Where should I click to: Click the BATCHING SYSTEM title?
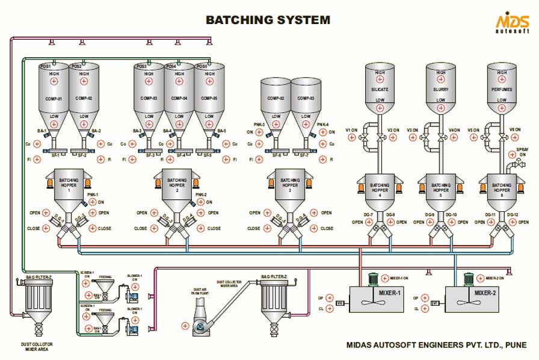pyautogui.click(x=268, y=20)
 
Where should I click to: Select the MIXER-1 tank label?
pyautogui.click(x=390, y=293)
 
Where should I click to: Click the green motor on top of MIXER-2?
pyautogui.click(x=468, y=281)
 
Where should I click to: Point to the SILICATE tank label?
pyautogui.click(x=380, y=89)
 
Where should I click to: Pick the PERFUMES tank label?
pyautogui.click(x=501, y=89)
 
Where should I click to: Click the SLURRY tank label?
pyautogui.click(x=441, y=89)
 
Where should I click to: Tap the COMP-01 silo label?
pyautogui.click(x=53, y=98)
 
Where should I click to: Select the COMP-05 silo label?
pyautogui.click(x=209, y=98)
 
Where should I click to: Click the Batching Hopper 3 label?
pyautogui.click(x=290, y=184)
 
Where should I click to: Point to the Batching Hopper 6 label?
pyautogui.click(x=501, y=188)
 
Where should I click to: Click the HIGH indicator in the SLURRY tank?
pyautogui.click(x=441, y=73)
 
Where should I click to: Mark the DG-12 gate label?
pyautogui.click(x=513, y=215)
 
